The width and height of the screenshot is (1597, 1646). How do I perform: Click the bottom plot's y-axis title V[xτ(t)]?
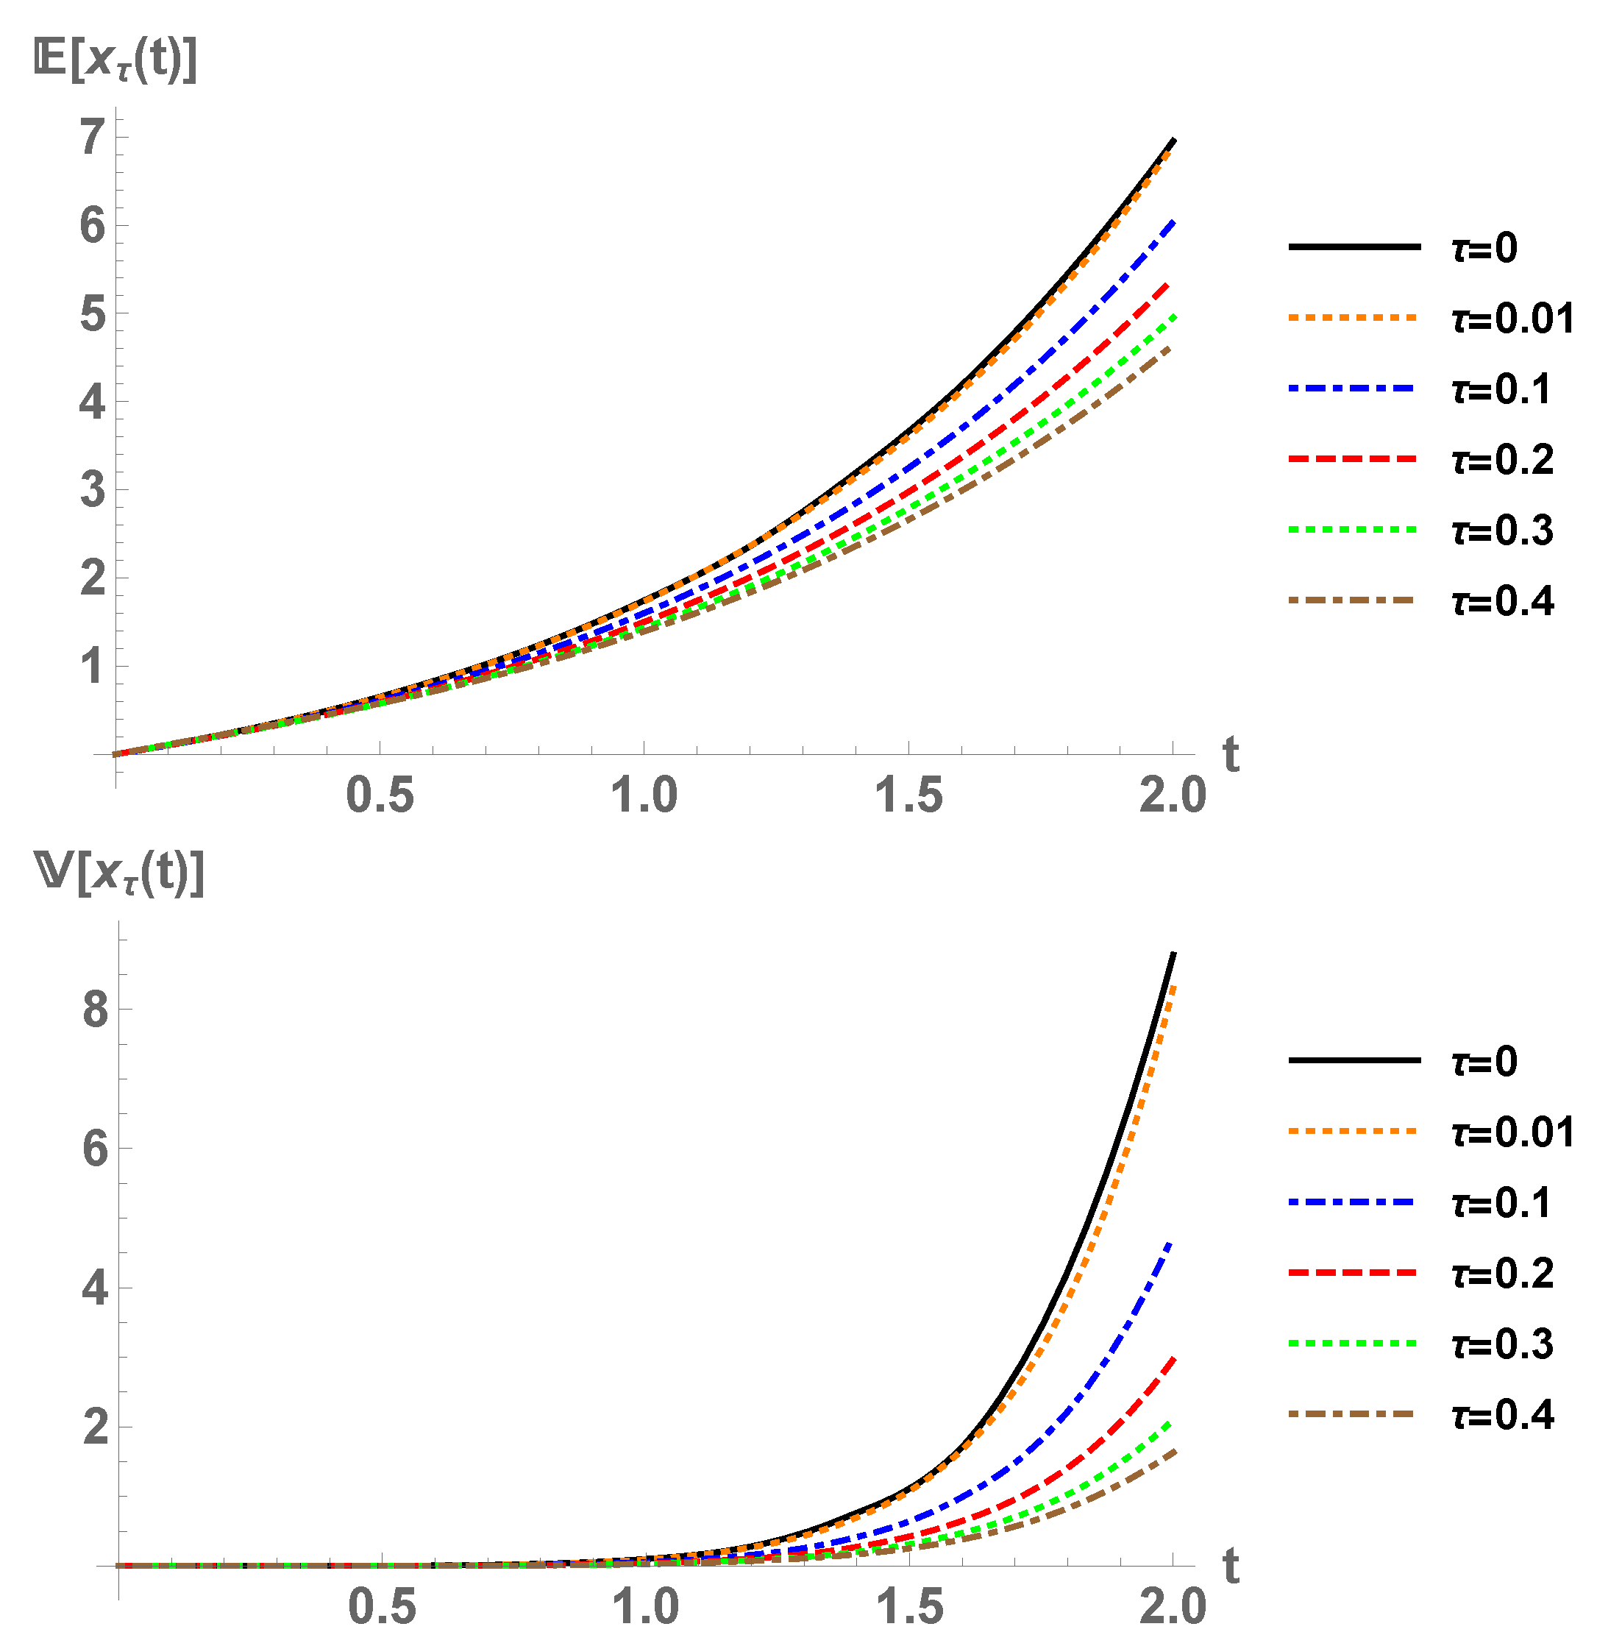119,875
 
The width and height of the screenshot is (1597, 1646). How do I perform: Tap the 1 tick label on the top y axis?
93,667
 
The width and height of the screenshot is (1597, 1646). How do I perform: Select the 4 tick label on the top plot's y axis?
93,402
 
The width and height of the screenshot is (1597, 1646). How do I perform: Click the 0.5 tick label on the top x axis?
380,795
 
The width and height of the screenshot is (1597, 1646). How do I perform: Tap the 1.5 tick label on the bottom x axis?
910,1606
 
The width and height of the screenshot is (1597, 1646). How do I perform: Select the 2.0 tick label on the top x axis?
1172,795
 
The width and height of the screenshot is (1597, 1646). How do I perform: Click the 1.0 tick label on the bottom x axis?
645,1606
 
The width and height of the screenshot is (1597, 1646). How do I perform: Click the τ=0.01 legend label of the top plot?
1512,319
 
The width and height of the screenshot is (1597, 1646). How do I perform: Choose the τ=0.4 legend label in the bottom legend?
1502,1415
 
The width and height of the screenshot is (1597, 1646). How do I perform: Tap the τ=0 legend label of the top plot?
1484,248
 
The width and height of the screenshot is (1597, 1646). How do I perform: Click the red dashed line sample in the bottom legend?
1354,1273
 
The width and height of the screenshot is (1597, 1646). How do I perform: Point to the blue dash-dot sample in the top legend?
1354,388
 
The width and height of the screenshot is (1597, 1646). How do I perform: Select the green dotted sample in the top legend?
1354,529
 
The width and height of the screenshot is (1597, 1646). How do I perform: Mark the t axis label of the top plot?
1231,754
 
